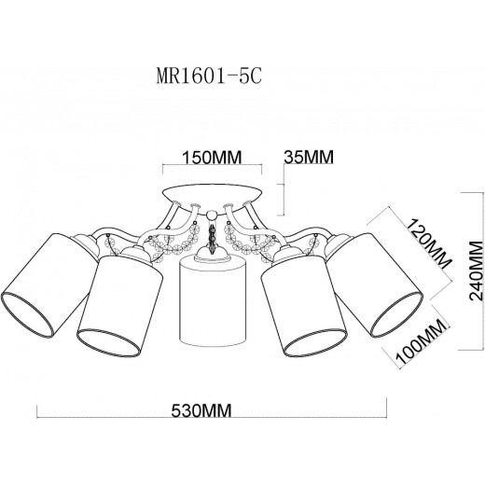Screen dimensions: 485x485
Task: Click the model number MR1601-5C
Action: pos(209,76)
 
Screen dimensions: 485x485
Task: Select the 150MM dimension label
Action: pos(212,158)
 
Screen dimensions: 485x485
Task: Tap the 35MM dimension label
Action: pos(309,157)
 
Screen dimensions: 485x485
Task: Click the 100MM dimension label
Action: pos(422,342)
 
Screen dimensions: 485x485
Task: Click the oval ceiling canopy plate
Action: pos(213,199)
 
